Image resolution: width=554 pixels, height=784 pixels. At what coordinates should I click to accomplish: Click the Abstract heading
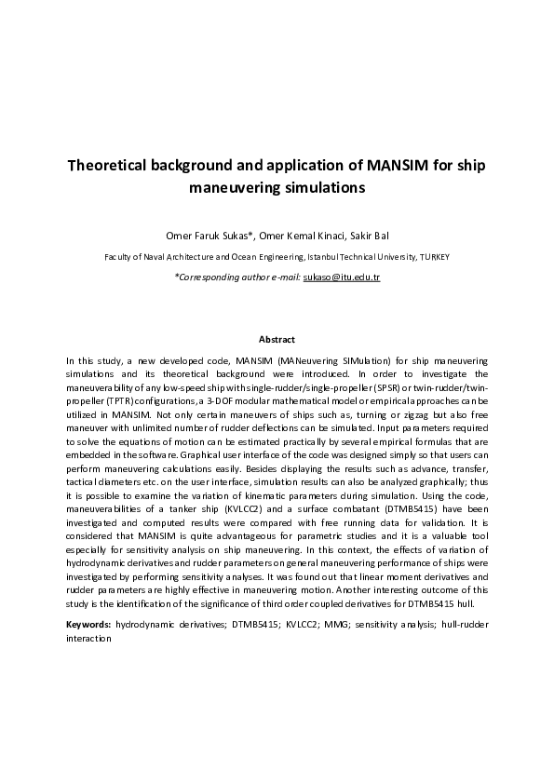coord(277,340)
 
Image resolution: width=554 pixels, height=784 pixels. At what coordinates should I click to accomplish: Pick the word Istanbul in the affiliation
coord(316,256)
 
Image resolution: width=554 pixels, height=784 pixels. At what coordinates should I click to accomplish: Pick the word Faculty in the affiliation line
coord(119,256)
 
